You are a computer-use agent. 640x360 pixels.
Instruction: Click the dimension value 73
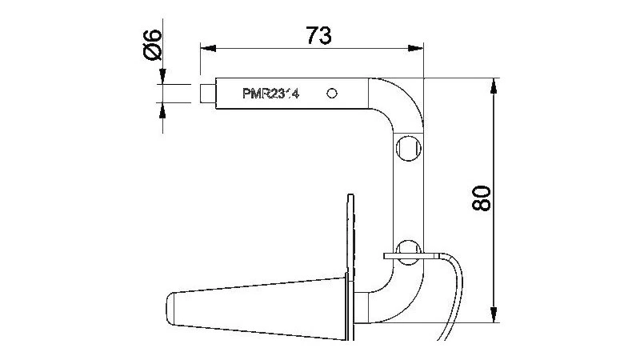pyautogui.click(x=319, y=34)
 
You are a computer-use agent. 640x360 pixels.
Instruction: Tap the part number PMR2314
pyautogui.click(x=270, y=94)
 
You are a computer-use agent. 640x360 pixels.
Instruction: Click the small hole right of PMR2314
pyautogui.click(x=333, y=93)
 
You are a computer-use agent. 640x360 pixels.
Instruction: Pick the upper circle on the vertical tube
pyautogui.click(x=407, y=148)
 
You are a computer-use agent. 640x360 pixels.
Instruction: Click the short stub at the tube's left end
pyautogui.click(x=207, y=93)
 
